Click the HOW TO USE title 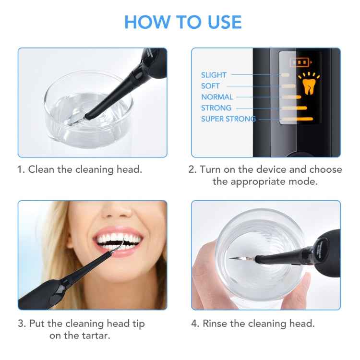[183, 23]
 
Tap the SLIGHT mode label [214, 75]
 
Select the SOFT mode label [210, 86]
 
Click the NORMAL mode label [217, 97]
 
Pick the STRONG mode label [216, 108]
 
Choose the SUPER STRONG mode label [228, 119]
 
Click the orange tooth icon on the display [308, 86]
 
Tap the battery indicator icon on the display [300, 62]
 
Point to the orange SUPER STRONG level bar [297, 119]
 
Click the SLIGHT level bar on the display [285, 75]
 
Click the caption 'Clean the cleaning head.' [80, 169]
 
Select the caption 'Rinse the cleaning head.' [253, 324]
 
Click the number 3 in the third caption [21, 324]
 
